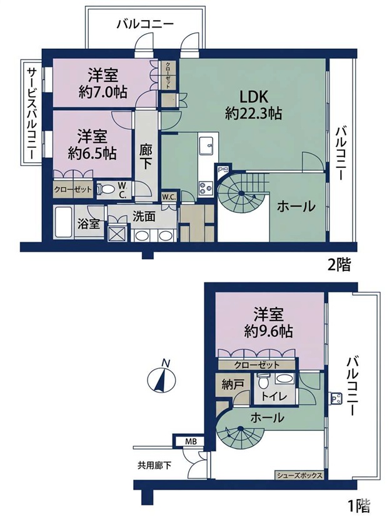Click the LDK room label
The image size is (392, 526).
click(253, 97)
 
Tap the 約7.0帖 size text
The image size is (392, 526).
click(103, 91)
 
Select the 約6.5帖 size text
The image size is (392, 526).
click(92, 153)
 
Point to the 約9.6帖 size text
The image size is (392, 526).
click(268, 331)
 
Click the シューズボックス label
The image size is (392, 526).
click(299, 475)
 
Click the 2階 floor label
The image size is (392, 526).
click(339, 266)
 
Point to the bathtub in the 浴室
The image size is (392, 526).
click(64, 222)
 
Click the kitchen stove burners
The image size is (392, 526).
click(206, 188)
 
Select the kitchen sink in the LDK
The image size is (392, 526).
click(206, 147)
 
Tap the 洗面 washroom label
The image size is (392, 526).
click(144, 217)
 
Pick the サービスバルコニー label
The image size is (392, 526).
click(32, 113)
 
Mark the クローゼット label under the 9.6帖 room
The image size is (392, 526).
click(256, 364)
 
